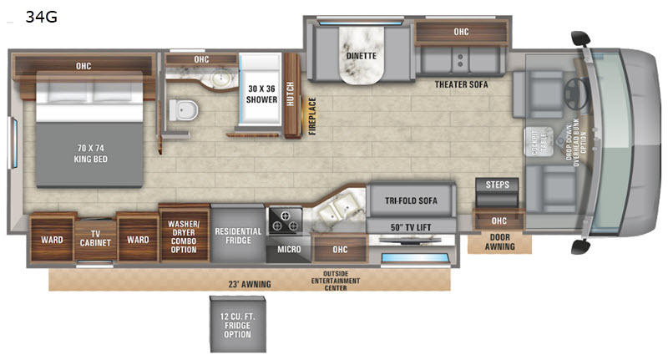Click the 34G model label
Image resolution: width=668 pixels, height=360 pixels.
41,17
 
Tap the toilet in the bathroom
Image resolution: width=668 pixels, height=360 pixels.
184,109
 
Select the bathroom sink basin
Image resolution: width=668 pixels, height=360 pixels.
222,78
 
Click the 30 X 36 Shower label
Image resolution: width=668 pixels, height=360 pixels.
261,94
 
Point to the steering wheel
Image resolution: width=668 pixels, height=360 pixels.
576,93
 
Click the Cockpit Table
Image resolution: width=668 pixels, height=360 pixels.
539,141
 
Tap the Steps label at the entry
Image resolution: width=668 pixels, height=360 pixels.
497,185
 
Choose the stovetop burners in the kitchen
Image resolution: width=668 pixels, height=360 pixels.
285,221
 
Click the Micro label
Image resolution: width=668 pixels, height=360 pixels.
289,249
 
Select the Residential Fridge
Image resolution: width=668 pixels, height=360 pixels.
238,234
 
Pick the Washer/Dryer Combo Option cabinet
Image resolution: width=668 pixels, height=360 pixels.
184,235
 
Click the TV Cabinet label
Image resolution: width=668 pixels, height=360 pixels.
95,238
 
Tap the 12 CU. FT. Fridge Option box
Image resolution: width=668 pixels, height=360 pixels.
238,325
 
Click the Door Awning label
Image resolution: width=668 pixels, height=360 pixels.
499,241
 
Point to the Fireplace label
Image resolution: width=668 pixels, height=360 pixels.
312,116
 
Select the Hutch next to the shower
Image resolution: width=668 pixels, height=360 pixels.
291,95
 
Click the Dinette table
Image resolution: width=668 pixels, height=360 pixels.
362,54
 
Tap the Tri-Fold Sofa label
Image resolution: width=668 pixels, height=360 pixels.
411,200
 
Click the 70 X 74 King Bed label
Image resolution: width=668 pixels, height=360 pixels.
91,154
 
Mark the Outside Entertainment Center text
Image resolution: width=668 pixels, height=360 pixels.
336,281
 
